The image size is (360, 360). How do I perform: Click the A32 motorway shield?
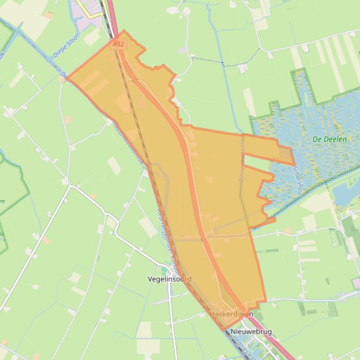point(118,44)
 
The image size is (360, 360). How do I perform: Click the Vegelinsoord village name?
point(169,279)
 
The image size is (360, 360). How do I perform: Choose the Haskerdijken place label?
point(231,314)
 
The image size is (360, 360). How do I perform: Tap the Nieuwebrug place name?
point(251,332)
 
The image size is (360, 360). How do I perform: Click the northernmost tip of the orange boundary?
point(124,31)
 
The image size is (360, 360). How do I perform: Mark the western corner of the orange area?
point(68,80)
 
